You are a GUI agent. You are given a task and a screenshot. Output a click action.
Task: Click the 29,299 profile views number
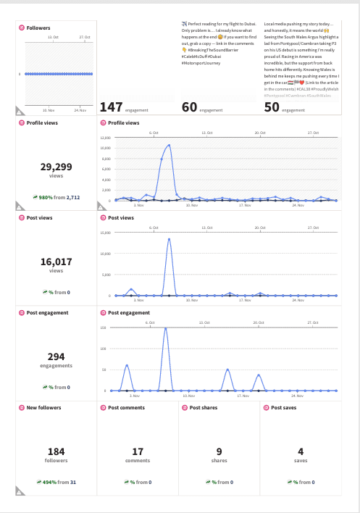point(56,167)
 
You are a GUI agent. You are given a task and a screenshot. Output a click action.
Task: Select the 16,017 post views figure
point(56,262)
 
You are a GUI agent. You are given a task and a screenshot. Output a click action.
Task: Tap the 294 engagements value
point(56,356)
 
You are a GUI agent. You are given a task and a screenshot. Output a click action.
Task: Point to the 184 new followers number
point(56,451)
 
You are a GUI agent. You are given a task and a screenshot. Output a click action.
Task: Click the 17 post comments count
point(138,451)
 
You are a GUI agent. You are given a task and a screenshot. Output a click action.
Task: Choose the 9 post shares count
point(219,451)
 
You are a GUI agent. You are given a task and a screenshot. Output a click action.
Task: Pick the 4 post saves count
point(300,451)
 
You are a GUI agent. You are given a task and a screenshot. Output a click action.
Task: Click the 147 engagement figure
point(111,107)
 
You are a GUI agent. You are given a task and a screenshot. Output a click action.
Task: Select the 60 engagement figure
point(189,107)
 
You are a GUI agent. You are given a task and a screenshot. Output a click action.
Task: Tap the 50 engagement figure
point(272,107)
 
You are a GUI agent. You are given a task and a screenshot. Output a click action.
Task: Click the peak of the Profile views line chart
point(169,145)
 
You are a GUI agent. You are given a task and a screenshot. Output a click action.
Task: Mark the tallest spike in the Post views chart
point(169,238)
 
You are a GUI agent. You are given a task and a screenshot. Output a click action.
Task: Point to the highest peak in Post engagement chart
point(166,328)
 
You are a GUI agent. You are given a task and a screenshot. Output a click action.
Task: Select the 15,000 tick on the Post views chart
point(104,233)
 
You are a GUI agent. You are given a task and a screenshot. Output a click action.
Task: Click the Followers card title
point(38,28)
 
